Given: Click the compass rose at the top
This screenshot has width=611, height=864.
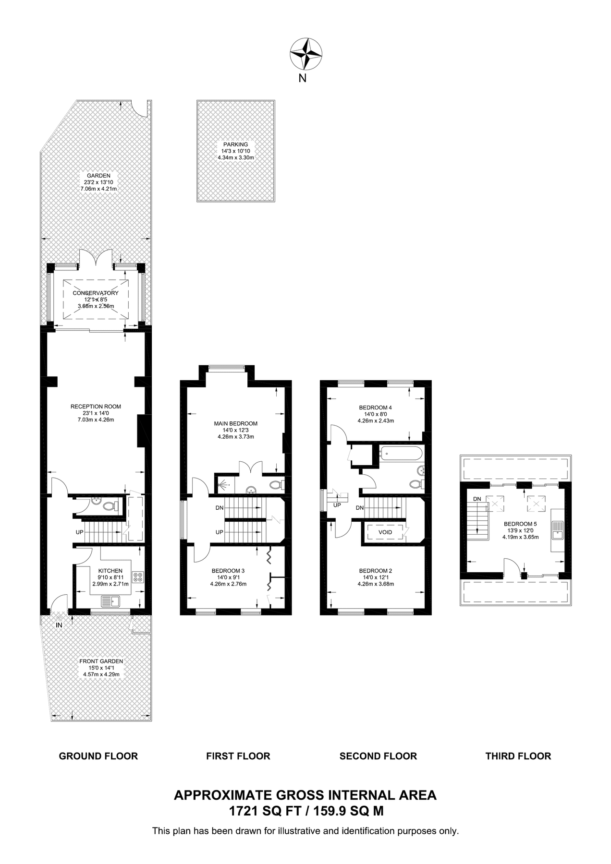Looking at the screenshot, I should click(x=305, y=53).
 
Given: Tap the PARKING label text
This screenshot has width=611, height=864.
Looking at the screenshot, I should click(x=235, y=144).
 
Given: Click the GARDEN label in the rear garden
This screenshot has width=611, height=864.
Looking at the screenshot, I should click(x=98, y=176).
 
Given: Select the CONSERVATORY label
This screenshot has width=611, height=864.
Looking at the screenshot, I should click(x=96, y=293).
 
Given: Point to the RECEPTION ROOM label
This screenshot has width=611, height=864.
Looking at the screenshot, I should click(x=96, y=407).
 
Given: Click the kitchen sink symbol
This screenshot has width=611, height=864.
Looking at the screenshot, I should click(x=111, y=601).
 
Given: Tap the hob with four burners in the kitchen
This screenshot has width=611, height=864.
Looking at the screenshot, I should click(x=138, y=576).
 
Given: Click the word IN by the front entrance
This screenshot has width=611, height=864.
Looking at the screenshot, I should click(x=59, y=625).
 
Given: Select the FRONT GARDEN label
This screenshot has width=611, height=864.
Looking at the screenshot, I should click(x=101, y=661).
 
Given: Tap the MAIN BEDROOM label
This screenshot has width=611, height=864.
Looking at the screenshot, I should click(x=235, y=423).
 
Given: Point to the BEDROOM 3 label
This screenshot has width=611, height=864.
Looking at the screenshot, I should click(x=228, y=571).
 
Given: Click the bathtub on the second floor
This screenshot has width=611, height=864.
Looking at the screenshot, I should click(x=401, y=453).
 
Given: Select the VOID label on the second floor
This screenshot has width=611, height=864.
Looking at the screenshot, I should click(x=385, y=532).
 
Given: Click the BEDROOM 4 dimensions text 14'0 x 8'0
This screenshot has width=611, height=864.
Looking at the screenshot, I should click(x=376, y=414).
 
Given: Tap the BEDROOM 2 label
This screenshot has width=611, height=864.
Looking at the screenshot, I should click(x=376, y=571).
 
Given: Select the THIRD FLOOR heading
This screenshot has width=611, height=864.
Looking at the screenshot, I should click(x=518, y=756).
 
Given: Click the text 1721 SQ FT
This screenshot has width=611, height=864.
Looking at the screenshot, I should click(x=265, y=811).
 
